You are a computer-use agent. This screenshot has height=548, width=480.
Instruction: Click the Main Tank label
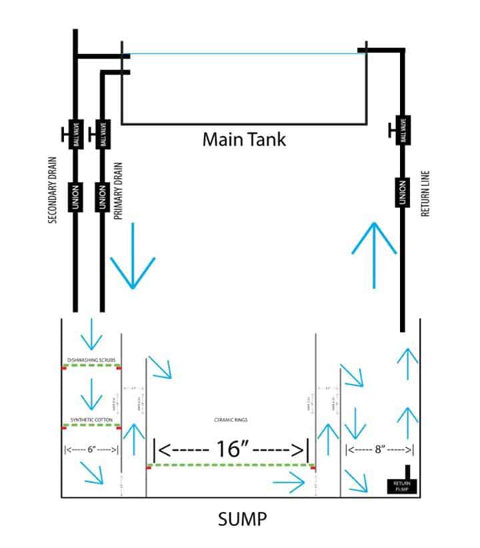pyautogui.click(x=244, y=141)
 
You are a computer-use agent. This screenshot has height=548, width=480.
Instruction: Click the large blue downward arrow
pyautogui.click(x=133, y=256)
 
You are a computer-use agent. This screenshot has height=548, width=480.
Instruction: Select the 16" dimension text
pyautogui.click(x=230, y=449)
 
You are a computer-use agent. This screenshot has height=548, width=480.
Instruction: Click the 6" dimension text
pyautogui.click(x=91, y=449)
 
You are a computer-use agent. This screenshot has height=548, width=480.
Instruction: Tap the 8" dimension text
pyautogui.click(x=381, y=449)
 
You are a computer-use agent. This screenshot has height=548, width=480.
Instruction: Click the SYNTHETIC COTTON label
pyautogui.click(x=91, y=419)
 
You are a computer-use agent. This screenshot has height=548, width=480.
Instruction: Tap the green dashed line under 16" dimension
pyautogui.click(x=230, y=465)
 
